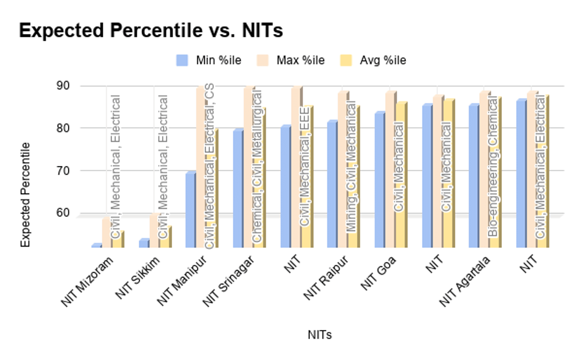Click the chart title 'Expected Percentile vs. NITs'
point(151,31)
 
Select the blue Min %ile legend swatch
point(182,60)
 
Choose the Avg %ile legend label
point(383,61)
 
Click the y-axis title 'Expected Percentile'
point(25,194)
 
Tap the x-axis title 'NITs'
point(320,335)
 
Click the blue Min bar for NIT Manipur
point(190,210)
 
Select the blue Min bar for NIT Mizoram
point(96,245)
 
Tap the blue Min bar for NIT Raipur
point(332,184)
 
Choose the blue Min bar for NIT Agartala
point(473,176)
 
